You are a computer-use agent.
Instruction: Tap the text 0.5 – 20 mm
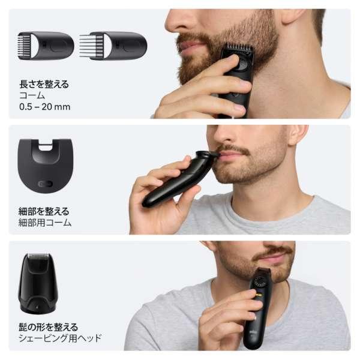pyautogui.click(x=45, y=106)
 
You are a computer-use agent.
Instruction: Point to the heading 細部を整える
pyautogui.click(x=44, y=211)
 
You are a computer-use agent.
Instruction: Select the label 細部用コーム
pyautogui.click(x=46, y=223)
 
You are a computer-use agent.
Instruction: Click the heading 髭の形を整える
pyautogui.click(x=48, y=327)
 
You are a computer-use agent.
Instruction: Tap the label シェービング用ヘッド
pyautogui.click(x=61, y=338)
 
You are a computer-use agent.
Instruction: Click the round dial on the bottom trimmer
pyautogui.click(x=260, y=281)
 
